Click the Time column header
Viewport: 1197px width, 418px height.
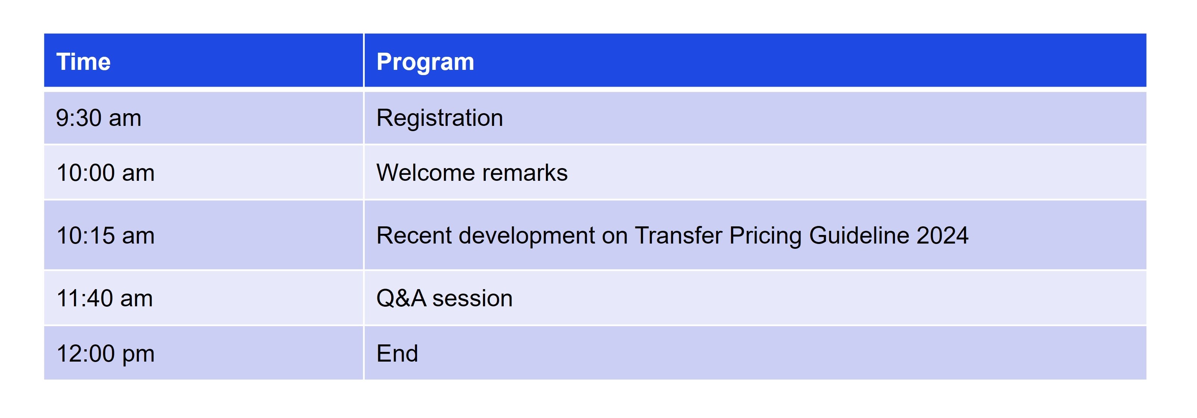coord(83,62)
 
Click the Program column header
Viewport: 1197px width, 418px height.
coord(425,62)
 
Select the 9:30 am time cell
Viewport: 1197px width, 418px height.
coord(99,118)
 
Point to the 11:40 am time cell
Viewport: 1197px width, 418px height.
coord(105,298)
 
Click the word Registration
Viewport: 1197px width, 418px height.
coord(439,118)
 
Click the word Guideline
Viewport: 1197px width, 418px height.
coord(859,235)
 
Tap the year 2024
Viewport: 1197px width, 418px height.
coord(942,235)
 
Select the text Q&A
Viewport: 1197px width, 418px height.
coord(401,298)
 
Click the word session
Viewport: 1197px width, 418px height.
coord(473,298)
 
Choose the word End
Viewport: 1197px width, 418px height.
coord(397,353)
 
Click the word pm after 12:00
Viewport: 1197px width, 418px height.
coord(138,356)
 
